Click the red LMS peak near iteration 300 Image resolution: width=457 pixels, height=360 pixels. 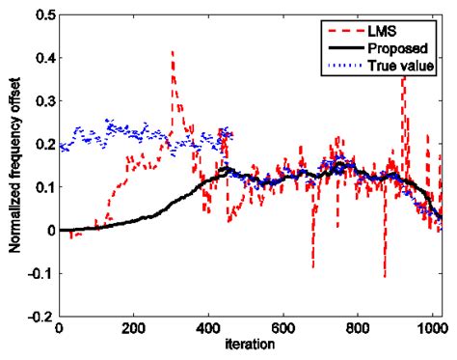point(172,52)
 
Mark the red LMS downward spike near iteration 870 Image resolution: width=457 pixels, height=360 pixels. point(385,276)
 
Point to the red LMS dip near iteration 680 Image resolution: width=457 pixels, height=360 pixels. point(312,266)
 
